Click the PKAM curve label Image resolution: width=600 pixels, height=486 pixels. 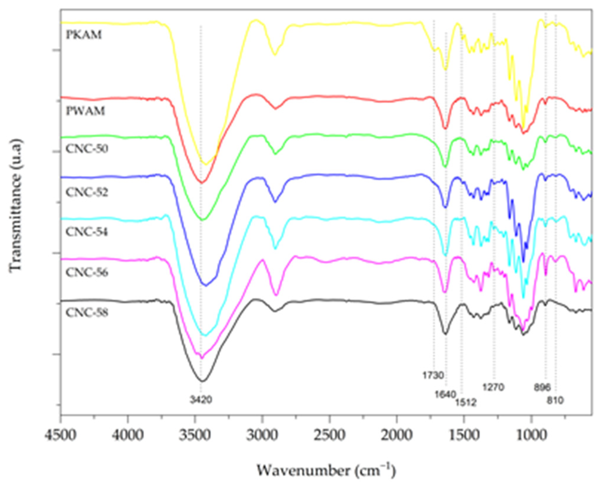tap(84, 35)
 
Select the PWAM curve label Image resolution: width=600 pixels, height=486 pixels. tap(85, 111)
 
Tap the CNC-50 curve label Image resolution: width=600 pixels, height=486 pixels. tap(87, 148)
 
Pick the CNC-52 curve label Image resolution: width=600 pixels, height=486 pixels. tap(87, 192)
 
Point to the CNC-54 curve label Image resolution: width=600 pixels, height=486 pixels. tap(87, 232)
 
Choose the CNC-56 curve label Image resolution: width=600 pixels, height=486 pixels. tap(87, 273)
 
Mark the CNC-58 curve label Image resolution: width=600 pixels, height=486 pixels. tap(87, 313)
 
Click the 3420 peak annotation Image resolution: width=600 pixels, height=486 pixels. tap(201, 400)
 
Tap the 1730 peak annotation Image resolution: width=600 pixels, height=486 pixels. tap(433, 375)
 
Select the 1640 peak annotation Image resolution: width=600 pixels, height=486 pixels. tap(445, 394)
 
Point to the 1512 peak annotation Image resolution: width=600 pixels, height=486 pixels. tap(466, 402)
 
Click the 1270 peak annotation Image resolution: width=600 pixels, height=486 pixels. tap(493, 387)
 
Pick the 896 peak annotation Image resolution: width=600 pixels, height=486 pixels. tap(542, 388)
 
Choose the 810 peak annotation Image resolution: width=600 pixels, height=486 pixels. tap(555, 400)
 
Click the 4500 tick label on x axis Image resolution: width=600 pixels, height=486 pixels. tap(61, 435)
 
